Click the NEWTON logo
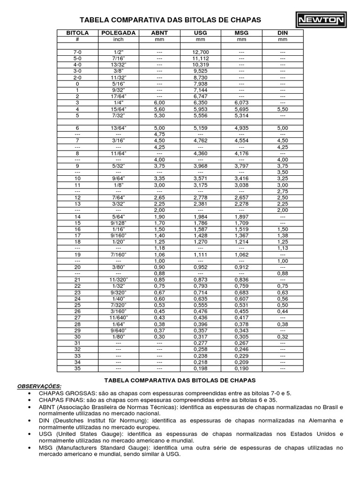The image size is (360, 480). point(320,20)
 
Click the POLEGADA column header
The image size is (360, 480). point(118,33)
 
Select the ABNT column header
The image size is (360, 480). point(159,33)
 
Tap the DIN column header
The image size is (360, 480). point(283,33)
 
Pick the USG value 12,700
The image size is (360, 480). point(201,52)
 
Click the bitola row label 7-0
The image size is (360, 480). point(77,52)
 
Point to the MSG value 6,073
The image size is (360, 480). point(241,103)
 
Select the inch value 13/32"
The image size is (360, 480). point(118,64)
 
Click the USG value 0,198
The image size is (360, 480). point(201,369)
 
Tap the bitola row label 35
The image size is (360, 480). point(77,369)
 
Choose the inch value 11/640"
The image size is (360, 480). point(118,318)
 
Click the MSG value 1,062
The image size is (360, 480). point(241,254)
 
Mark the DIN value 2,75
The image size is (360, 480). point(283,191)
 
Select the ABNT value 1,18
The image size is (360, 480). point(159,248)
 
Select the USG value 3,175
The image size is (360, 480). point(201,185)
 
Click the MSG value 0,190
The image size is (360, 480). point(241,369)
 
